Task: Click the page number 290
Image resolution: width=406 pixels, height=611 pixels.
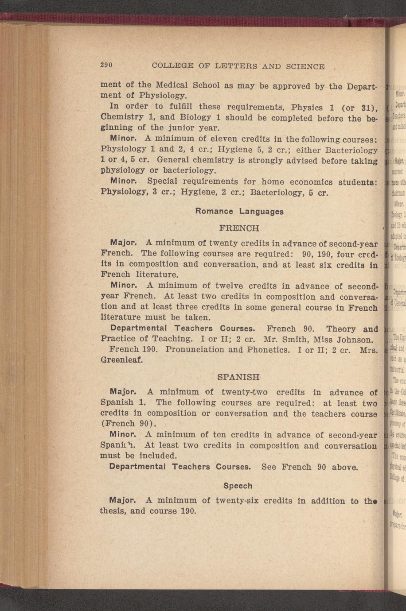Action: [106, 65]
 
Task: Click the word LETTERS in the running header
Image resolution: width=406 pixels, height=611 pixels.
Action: [235, 66]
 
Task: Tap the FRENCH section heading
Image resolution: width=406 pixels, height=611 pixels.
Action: [239, 228]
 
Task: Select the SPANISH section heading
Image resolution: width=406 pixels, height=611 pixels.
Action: [238, 377]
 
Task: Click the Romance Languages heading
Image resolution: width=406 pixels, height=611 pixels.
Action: [239, 212]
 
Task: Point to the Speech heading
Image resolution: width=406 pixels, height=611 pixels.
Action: [238, 486]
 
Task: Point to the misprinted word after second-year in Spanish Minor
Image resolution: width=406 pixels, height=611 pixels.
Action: [116, 445]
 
